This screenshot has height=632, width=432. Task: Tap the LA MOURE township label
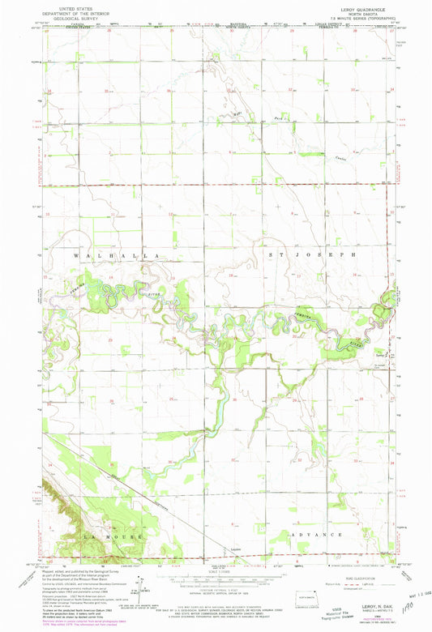pos(112,536)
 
